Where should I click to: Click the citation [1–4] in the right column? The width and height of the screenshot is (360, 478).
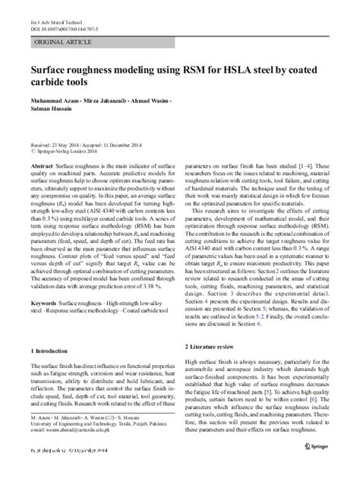(306, 164)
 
